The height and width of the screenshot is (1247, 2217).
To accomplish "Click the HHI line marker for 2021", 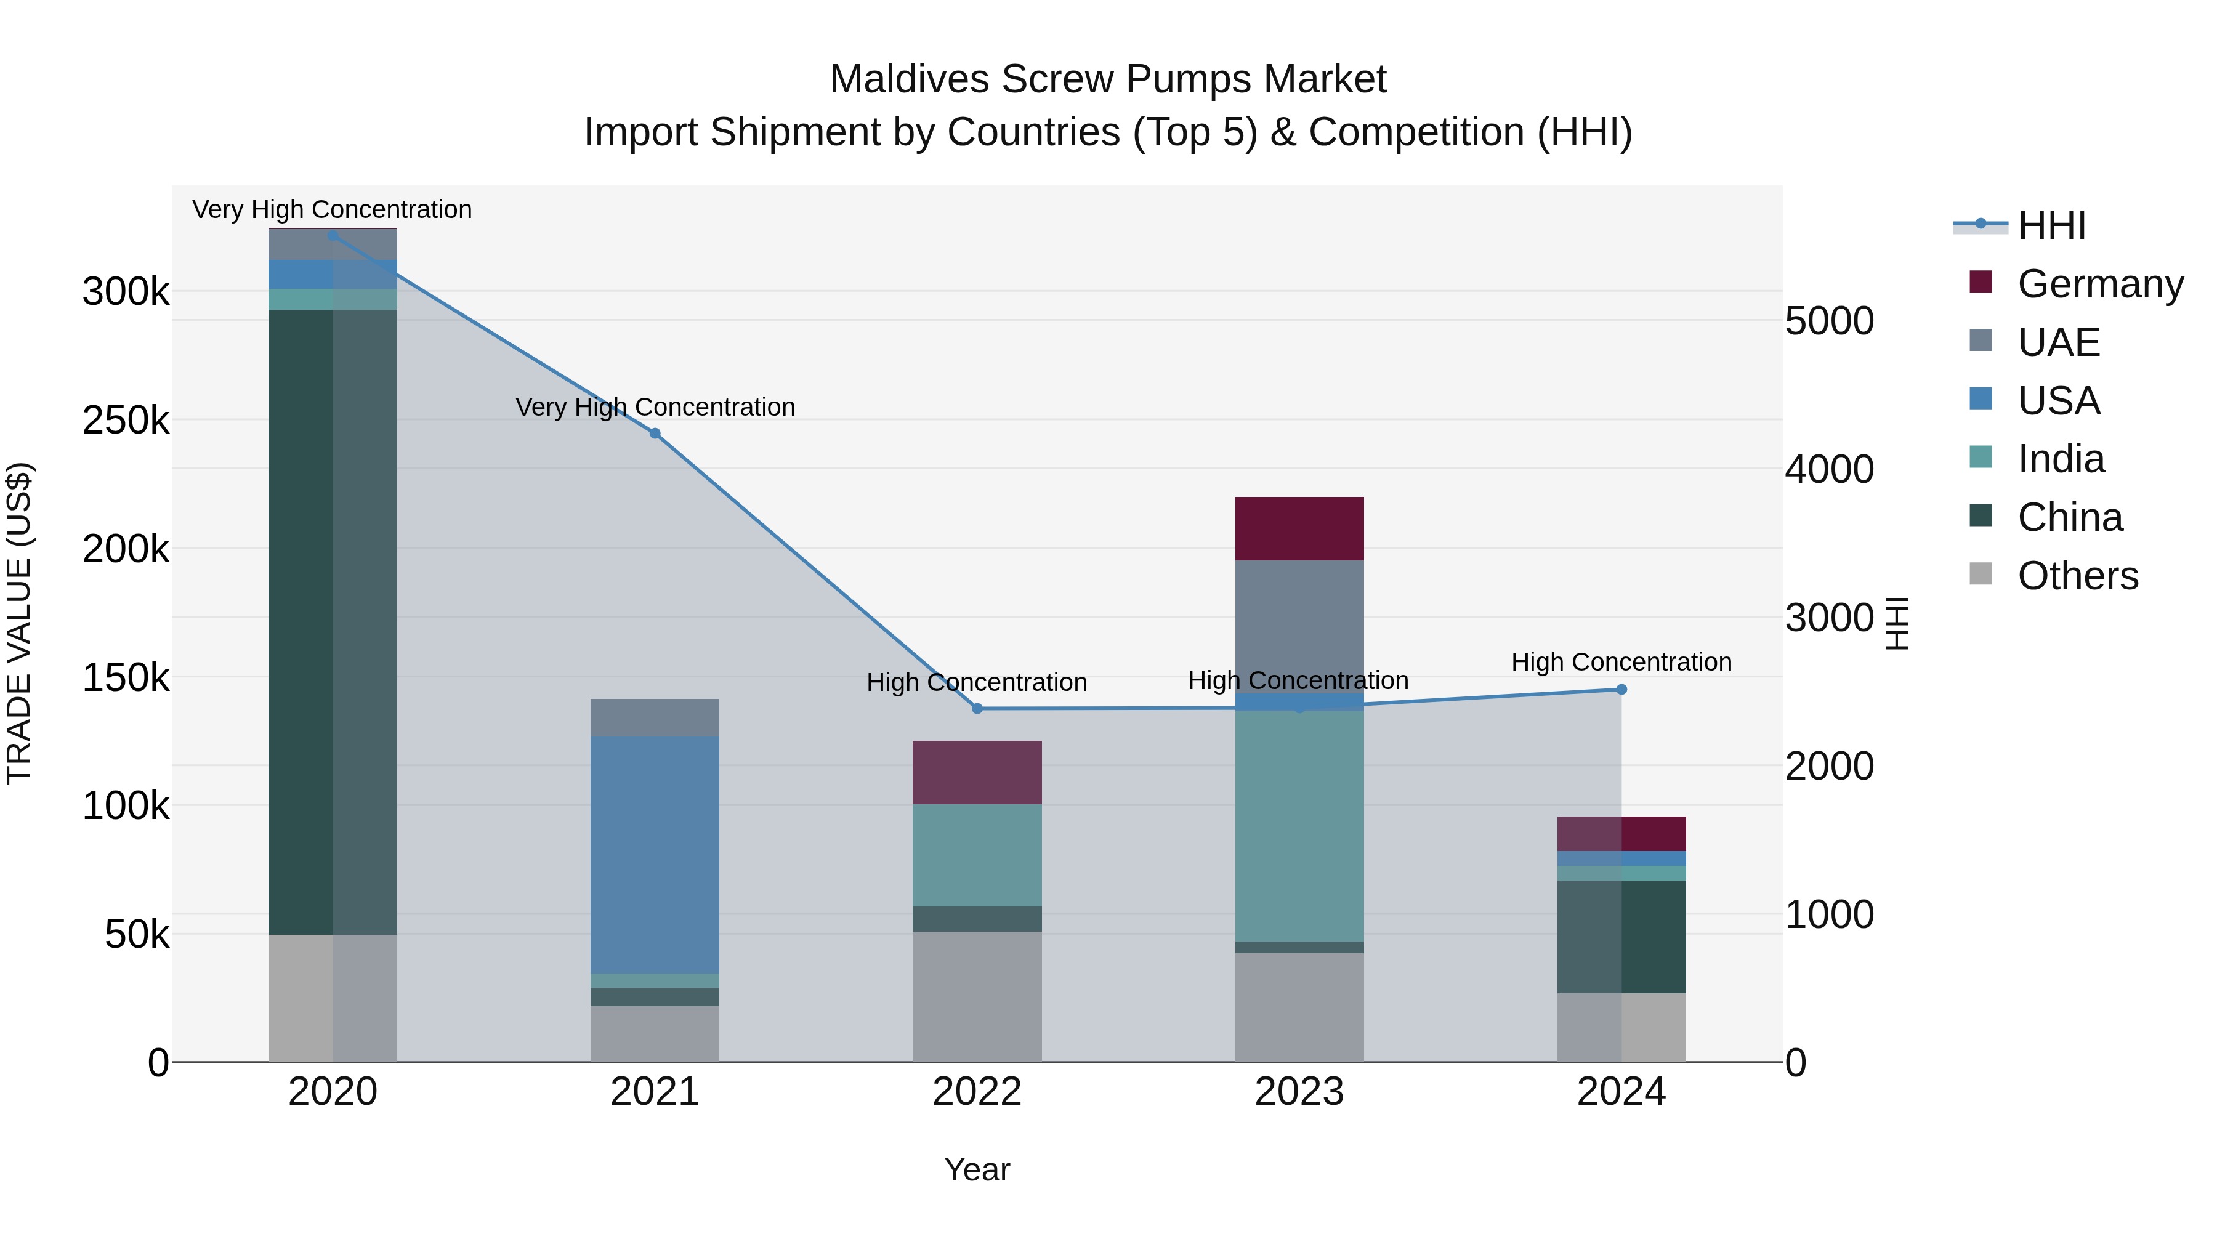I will point(655,434).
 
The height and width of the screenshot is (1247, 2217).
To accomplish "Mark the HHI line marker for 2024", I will point(1621,689).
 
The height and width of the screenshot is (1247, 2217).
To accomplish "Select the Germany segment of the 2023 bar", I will point(1299,528).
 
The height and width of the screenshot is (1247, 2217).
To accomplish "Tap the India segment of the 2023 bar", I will point(1299,826).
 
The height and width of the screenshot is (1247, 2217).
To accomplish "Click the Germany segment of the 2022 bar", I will point(977,772).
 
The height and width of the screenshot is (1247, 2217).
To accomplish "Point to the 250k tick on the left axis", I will point(126,421).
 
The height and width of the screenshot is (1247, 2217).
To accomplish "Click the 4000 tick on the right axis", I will point(1829,470).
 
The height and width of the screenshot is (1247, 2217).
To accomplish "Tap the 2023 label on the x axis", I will point(1299,1092).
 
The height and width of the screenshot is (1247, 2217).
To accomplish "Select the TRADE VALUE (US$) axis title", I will point(19,623).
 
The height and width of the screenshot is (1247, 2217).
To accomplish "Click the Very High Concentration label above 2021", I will point(655,407).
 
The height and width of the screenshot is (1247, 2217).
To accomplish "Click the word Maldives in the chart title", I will point(909,79).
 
